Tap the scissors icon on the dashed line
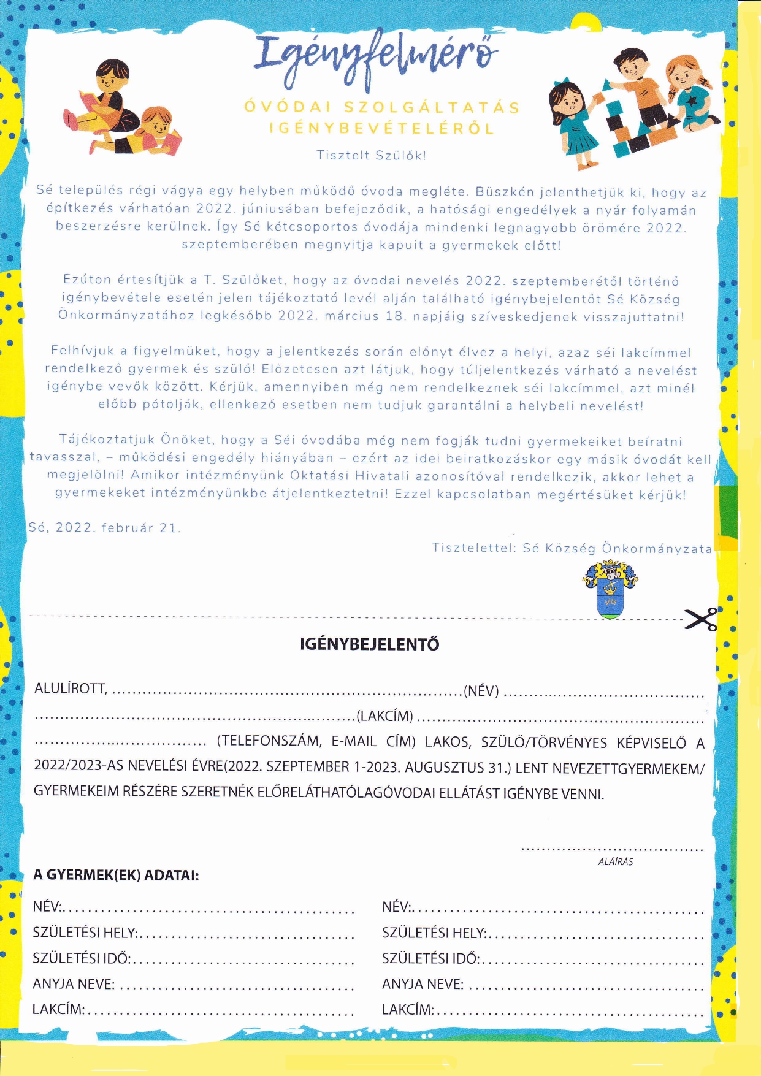pos(702,619)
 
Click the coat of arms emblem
pos(610,590)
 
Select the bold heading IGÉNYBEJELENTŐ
pos(369,644)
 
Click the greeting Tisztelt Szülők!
pos(371,155)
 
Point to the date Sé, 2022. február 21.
pos(104,528)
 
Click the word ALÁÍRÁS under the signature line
pos(615,861)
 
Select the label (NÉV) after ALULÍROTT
pos(481,691)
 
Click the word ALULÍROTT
pos(71,689)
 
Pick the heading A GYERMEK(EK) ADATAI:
pos(116,875)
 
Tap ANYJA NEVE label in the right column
pos(423,984)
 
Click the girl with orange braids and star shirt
pos(690,92)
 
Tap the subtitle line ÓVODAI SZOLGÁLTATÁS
pos(381,107)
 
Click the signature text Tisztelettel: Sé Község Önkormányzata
pos(572,548)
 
